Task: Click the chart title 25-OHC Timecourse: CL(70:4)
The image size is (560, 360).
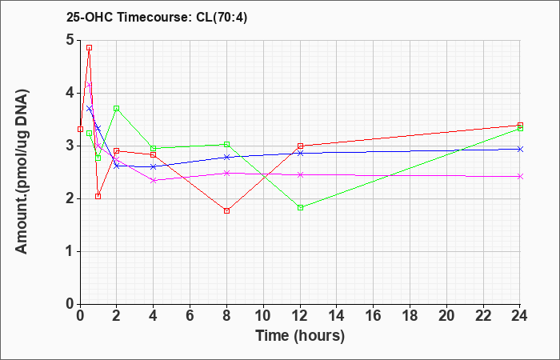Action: pos(157,18)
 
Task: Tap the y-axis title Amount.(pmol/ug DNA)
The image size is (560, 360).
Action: pos(22,172)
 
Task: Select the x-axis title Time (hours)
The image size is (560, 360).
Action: pos(300,336)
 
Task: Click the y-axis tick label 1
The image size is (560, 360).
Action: pos(70,251)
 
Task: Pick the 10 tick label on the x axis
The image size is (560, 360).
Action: pos(263,315)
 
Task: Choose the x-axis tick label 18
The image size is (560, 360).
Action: pos(410,315)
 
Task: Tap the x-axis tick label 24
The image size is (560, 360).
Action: pos(519,315)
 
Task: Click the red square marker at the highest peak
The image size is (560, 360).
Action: pos(90,47)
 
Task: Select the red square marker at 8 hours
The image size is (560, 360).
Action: pos(226,210)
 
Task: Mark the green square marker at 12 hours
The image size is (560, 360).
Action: pos(300,207)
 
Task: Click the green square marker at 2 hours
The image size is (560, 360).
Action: pos(117,108)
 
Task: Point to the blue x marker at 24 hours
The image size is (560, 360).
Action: pos(520,149)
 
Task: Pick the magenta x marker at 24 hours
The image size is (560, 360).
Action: pos(520,177)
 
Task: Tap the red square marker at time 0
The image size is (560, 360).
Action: pos(80,129)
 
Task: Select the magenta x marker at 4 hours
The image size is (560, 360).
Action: pos(154,180)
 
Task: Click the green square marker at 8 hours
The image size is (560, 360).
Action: pos(226,144)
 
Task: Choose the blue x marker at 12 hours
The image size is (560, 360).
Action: pos(300,154)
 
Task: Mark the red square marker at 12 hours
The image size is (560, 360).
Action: pos(300,146)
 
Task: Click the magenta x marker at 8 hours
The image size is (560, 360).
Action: pos(226,174)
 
